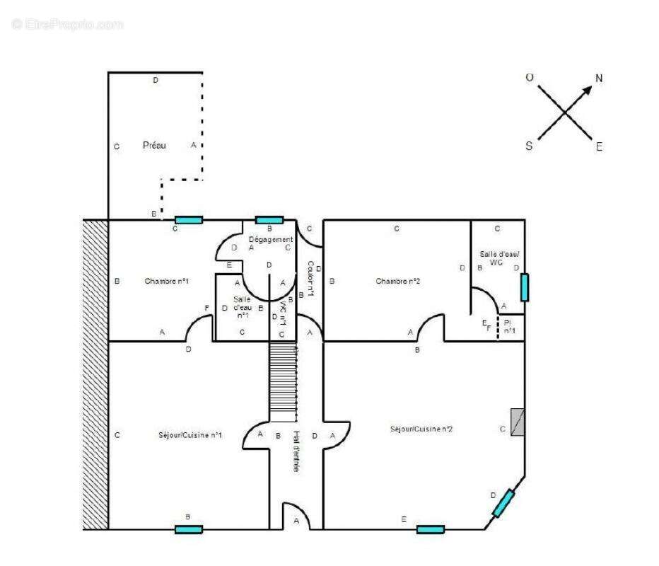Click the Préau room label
click(154, 145)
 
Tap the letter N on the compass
click(599, 78)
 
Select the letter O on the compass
click(529, 78)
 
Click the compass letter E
click(599, 147)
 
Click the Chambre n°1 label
click(166, 281)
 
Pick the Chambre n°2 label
click(398, 281)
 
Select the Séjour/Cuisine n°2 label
click(421, 429)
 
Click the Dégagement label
click(269, 239)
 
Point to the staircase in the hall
click(283, 382)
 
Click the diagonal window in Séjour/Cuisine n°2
click(503, 503)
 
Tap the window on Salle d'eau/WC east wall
click(525, 287)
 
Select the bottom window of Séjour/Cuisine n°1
click(189, 529)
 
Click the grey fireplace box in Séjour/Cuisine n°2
click(518, 422)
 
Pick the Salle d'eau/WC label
click(499, 258)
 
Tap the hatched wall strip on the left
click(95, 375)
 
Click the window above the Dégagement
click(269, 220)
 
